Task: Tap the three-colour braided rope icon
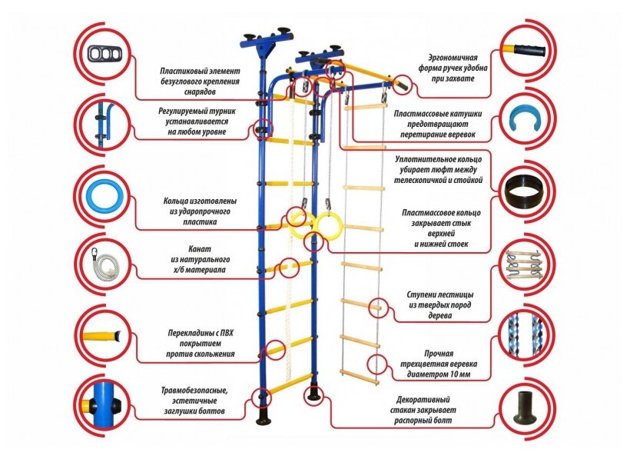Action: point(526,335)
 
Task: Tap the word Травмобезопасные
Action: point(194,390)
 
